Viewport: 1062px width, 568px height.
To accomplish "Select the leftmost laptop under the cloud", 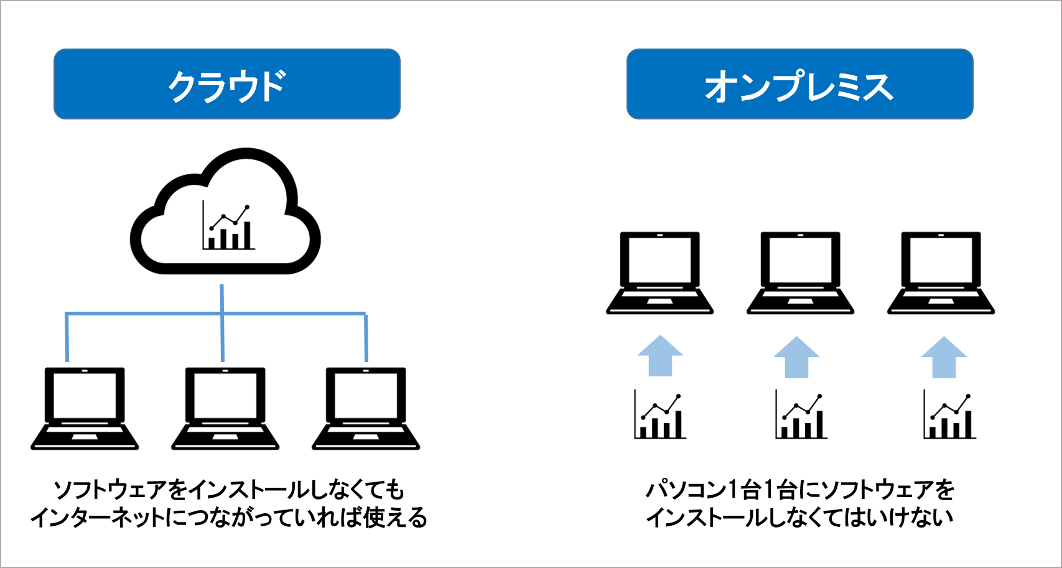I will [x=85, y=408].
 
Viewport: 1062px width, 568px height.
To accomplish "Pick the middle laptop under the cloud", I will [x=225, y=408].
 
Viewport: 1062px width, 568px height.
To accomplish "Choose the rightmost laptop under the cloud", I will [x=366, y=408].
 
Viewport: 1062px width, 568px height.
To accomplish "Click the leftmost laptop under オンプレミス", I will [x=659, y=272].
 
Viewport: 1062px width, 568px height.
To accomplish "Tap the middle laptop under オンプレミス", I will [x=800, y=272].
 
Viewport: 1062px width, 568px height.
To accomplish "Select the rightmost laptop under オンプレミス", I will [x=941, y=272].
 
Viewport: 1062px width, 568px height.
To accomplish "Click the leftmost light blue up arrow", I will [x=660, y=358].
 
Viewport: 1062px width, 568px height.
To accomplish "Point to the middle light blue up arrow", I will [x=796, y=359].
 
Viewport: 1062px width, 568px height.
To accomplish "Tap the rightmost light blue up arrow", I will [x=944, y=359].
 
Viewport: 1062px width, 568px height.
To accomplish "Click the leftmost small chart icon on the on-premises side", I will [x=660, y=414].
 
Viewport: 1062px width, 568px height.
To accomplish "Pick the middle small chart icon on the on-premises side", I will [x=801, y=414].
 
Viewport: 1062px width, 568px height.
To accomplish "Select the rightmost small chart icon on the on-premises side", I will [x=950, y=414].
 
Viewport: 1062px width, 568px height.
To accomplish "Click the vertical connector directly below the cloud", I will [x=222, y=299].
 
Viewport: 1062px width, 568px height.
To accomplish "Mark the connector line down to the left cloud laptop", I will [x=67, y=339].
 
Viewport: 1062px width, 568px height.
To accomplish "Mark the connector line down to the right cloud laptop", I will [x=366, y=339].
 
